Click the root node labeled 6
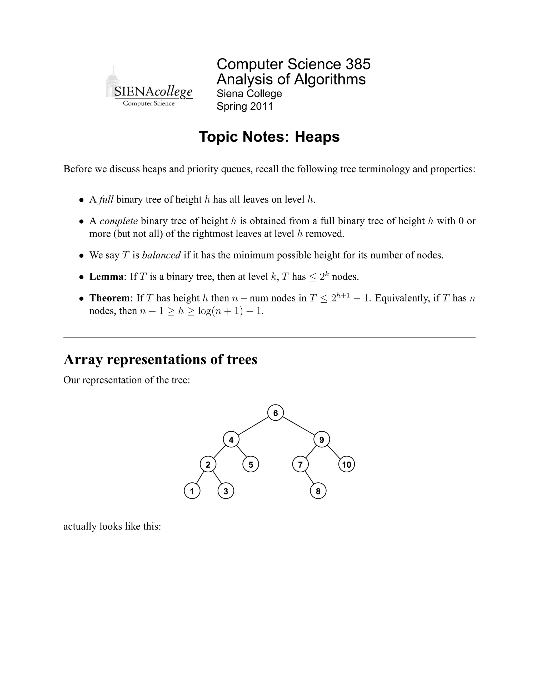tap(275, 413)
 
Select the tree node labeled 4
tap(231, 440)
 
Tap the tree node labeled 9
tap(322, 440)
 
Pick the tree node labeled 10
tap(346, 464)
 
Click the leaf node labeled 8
tap(318, 491)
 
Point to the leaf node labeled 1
tap(192, 491)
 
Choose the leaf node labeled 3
tap(226, 491)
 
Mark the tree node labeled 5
tap(251, 464)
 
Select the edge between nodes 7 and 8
tap(309, 478)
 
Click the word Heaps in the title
tap(317, 137)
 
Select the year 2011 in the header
tap(262, 106)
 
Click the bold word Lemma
tap(106, 276)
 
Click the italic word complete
tap(118, 221)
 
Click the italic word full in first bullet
tap(106, 199)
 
